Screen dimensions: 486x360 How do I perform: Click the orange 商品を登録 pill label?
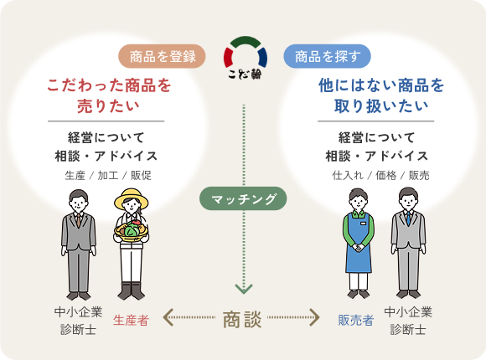coord(162,56)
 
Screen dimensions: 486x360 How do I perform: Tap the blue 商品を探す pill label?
coord(327,56)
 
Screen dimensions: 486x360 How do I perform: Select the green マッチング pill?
coord(243,198)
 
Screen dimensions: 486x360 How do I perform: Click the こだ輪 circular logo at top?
coord(246,58)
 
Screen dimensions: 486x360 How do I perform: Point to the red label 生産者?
coord(131,321)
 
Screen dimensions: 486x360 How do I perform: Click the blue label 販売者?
coord(355,321)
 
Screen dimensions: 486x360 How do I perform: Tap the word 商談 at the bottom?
coord(242,319)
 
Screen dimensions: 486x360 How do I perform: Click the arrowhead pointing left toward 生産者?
coord(168,317)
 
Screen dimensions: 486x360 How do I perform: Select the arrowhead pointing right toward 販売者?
coord(314,317)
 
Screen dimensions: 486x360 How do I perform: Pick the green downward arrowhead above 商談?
coord(244,289)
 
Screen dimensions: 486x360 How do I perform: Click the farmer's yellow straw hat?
coord(131,198)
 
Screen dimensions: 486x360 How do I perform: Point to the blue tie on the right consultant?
coord(409,219)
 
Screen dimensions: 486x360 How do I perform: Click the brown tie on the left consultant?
coord(79,220)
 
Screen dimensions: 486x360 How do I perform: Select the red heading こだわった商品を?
coord(109,85)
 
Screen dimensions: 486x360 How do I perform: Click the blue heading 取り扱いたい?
coord(381,106)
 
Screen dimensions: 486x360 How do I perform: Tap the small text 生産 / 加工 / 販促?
coord(108,175)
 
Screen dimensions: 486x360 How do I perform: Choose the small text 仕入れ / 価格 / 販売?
coord(380,175)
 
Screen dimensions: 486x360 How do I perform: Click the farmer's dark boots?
coord(131,291)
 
